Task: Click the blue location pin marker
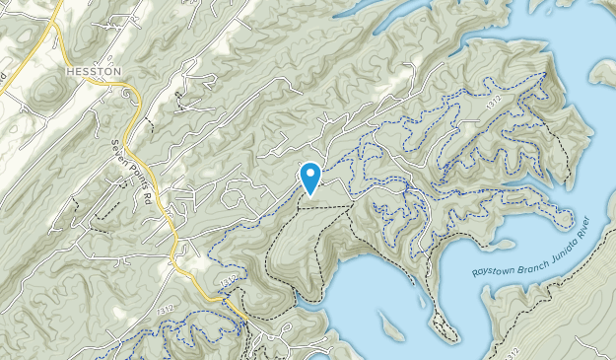click(x=310, y=178)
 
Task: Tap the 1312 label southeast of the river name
click(x=511, y=351)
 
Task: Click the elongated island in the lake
click(x=389, y=324)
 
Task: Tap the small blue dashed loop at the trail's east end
click(x=563, y=210)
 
